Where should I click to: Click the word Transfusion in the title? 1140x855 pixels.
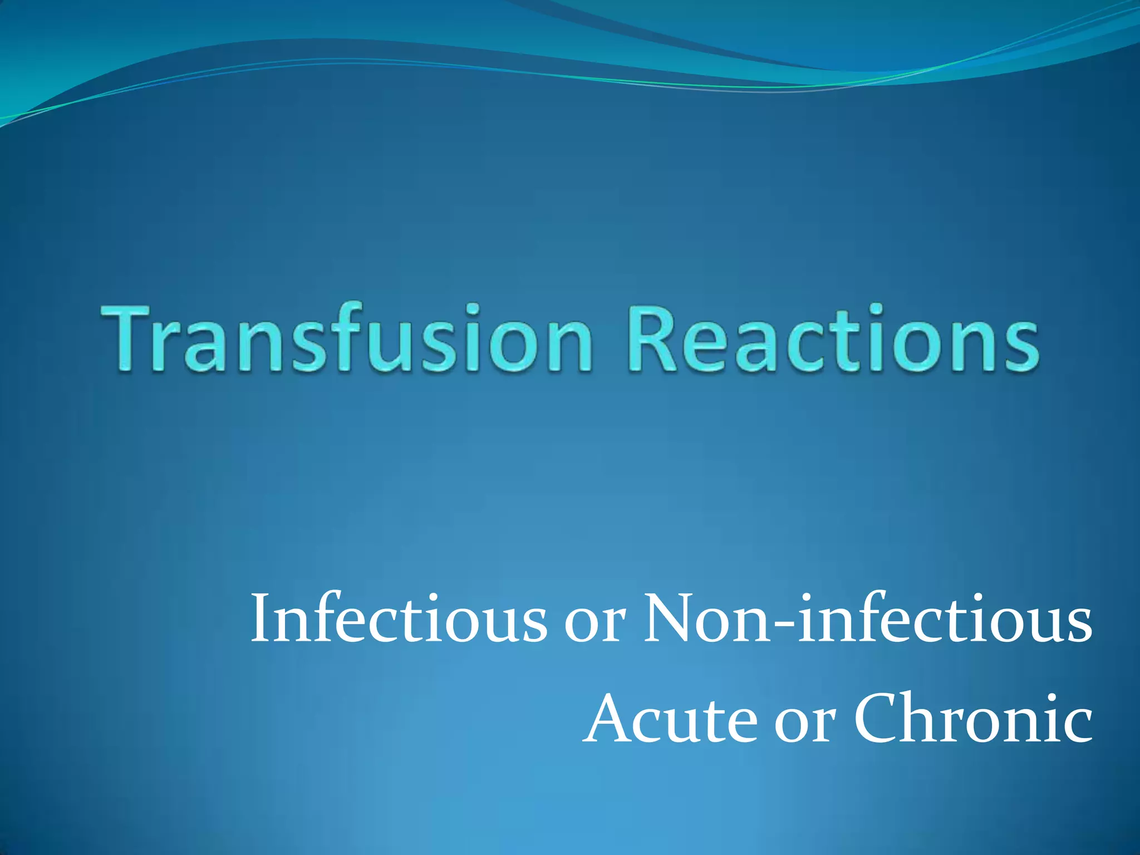pyautogui.click(x=345, y=338)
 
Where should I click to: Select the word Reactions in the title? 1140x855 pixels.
pyautogui.click(x=835, y=338)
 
